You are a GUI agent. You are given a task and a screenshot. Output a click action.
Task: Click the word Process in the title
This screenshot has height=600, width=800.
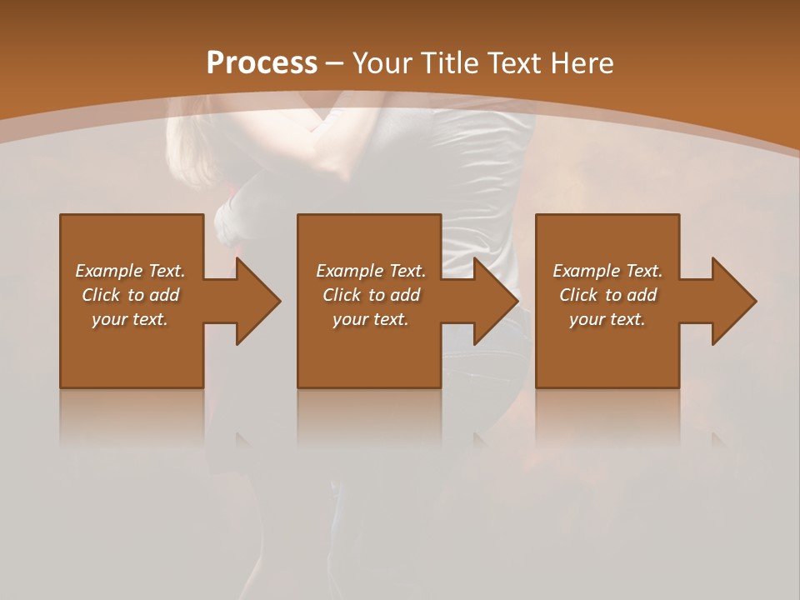pos(262,63)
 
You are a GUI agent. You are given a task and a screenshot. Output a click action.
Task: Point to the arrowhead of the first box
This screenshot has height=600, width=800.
pos(257,301)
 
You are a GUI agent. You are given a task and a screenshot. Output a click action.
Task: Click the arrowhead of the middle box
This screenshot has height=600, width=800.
pos(495,301)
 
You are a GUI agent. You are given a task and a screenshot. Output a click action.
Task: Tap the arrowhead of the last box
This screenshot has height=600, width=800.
pos(733,301)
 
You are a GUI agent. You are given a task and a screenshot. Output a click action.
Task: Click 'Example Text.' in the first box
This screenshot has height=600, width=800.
pos(130,271)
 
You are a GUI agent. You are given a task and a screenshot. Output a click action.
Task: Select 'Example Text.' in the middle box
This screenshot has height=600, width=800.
pos(371,271)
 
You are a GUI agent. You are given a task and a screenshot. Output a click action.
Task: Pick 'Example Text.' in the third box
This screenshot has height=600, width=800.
pos(607,271)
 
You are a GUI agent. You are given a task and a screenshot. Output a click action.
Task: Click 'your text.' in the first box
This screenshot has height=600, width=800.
pos(130,319)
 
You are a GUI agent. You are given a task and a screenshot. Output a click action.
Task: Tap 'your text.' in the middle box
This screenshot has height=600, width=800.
pos(371,319)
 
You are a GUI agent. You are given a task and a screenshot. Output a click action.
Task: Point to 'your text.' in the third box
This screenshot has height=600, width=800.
pos(607,319)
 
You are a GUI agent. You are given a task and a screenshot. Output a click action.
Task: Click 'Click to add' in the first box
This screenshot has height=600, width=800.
pos(130,295)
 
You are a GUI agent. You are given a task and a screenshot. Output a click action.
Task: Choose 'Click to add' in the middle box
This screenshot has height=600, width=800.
pos(371,295)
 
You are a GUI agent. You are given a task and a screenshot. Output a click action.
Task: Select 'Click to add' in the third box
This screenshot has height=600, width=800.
pos(607,295)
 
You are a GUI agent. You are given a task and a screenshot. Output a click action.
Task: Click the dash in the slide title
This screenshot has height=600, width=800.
pos(335,63)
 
